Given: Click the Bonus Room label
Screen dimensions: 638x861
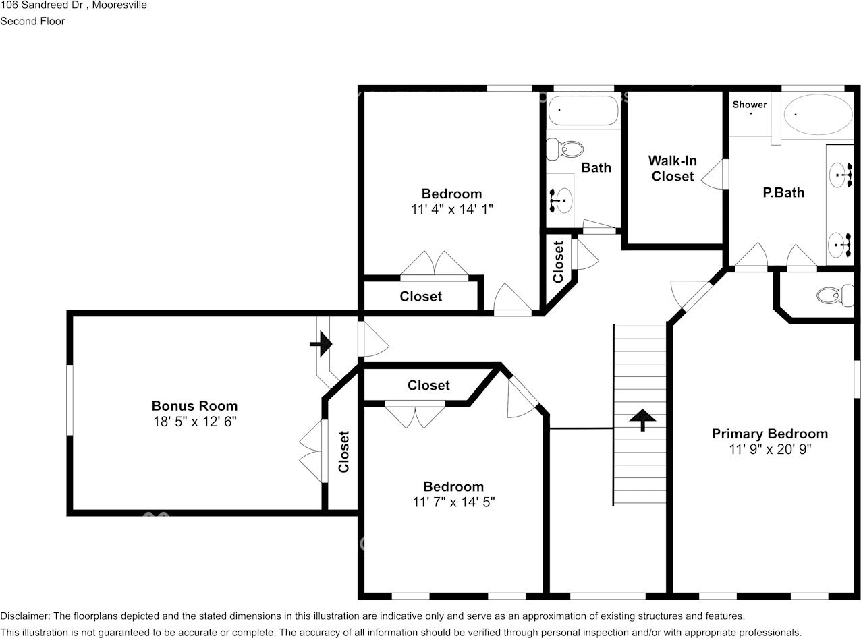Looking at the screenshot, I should (194, 406).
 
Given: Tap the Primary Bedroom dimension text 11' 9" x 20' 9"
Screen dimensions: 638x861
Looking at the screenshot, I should (770, 449).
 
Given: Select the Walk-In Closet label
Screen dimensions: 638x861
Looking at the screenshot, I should (672, 169).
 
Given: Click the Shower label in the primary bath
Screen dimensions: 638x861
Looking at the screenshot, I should (750, 105).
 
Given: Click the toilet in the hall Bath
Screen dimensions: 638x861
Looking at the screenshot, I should (565, 149).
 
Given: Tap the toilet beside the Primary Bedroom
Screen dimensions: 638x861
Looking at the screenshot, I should (834, 295).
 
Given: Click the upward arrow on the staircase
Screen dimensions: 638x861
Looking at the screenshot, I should (642, 419).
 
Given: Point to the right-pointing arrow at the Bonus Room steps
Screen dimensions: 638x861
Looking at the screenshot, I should (322, 344).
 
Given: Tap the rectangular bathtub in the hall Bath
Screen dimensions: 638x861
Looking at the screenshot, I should (583, 111).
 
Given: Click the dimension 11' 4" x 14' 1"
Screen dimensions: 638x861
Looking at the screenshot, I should (452, 210).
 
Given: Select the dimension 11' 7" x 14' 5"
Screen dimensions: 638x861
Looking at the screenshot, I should (453, 502).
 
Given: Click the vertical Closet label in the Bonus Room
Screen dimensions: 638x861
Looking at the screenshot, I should (343, 452).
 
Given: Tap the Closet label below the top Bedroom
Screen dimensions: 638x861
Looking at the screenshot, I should (421, 297).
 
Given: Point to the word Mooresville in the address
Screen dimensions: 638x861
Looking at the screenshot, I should (119, 5).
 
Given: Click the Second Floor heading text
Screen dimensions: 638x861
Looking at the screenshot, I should (32, 21).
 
